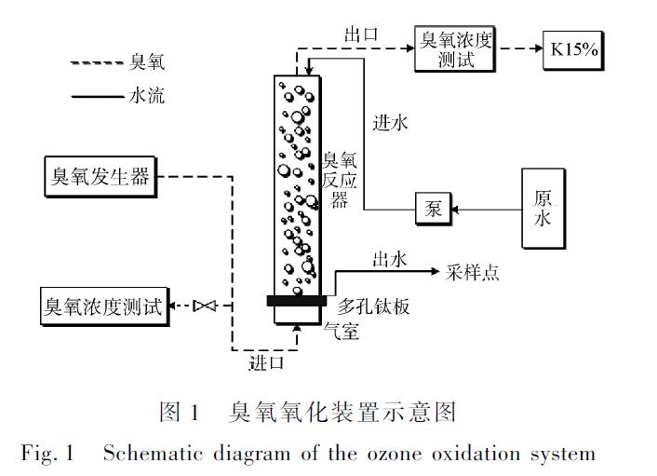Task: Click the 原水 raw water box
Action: (543, 209)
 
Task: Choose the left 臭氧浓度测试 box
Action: (103, 306)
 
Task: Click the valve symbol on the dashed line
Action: (204, 306)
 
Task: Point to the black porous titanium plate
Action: (296, 300)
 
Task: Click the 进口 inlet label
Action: (266, 362)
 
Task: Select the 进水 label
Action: (390, 122)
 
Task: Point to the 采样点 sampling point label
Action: (472, 272)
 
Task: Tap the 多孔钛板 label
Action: (373, 305)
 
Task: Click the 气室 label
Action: (341, 330)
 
